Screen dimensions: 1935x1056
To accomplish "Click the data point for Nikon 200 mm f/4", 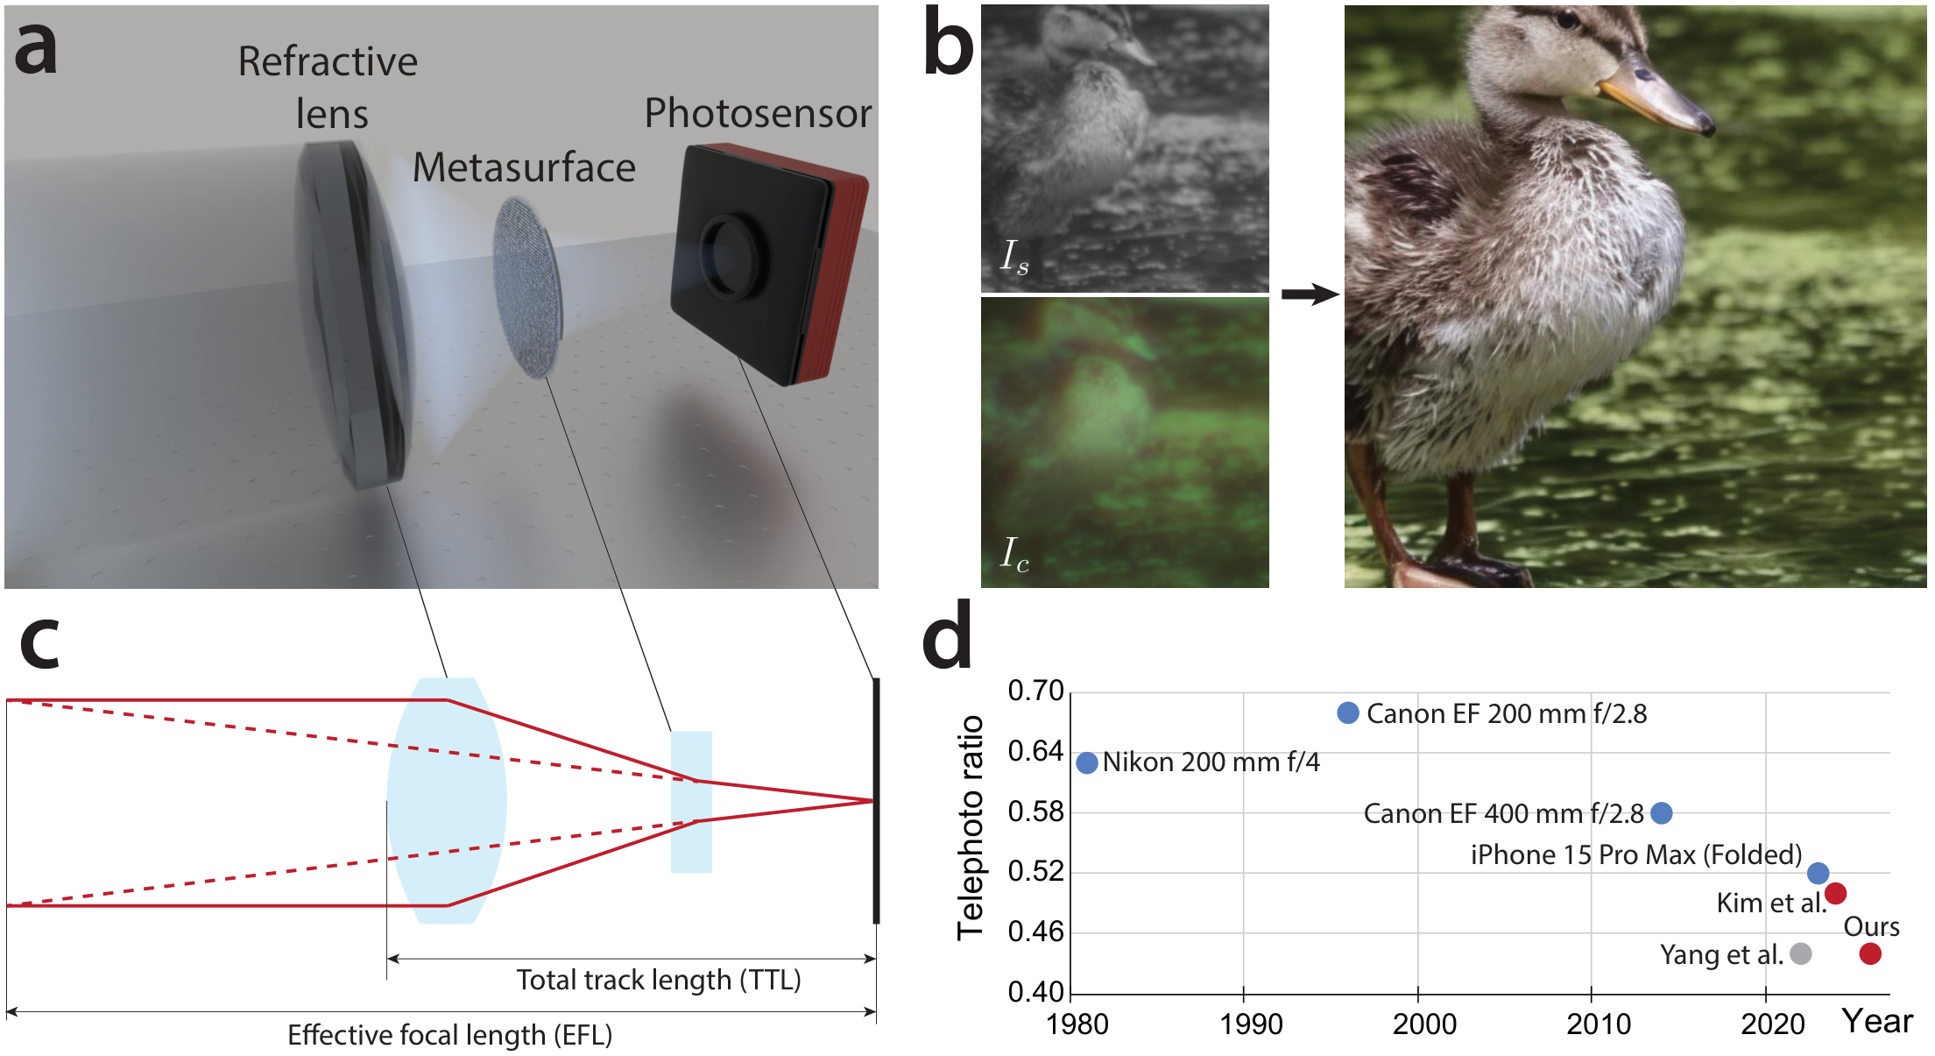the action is pyautogui.click(x=1086, y=762).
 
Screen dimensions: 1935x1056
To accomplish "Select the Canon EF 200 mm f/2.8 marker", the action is pyautogui.click(x=1348, y=712).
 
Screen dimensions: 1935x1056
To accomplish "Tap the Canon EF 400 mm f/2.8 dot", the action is pyautogui.click(x=1661, y=813).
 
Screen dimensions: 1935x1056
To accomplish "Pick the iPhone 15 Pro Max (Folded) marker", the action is pyautogui.click(x=1818, y=873).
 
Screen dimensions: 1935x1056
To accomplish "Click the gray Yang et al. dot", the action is pyautogui.click(x=1801, y=953).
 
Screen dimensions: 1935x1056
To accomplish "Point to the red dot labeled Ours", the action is pyautogui.click(x=1870, y=953).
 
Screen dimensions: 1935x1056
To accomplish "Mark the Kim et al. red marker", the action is pyautogui.click(x=1836, y=893).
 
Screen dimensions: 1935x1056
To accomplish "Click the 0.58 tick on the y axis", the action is pyautogui.click(x=1035, y=811).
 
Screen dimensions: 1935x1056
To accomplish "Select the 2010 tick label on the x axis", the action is pyautogui.click(x=1599, y=1024).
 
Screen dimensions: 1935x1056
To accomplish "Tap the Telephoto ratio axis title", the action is pyautogui.click(x=971, y=827).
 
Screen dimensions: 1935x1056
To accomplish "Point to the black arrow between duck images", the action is pyautogui.click(x=1310, y=294).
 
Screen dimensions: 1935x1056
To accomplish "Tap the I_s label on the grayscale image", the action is pyautogui.click(x=1014, y=257).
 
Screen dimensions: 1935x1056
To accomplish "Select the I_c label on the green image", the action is pyautogui.click(x=1014, y=554).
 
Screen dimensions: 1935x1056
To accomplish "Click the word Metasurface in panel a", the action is pyautogui.click(x=524, y=167).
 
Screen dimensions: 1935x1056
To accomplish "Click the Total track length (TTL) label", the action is pyautogui.click(x=659, y=980).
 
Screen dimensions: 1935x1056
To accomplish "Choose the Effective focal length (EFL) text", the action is pyautogui.click(x=450, y=1035).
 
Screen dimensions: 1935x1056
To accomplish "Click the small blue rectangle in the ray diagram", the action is pyautogui.click(x=691, y=802).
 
